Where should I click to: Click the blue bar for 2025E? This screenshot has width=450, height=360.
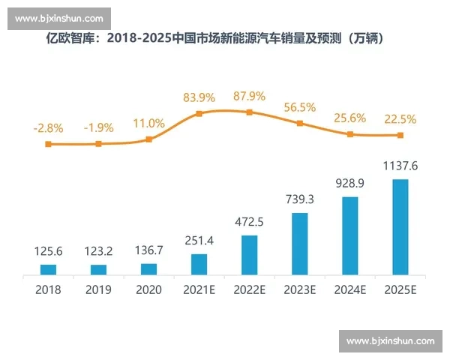pos(400,226)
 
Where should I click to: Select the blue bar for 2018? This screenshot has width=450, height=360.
pos(48,269)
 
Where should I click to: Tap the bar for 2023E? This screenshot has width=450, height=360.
pos(299,244)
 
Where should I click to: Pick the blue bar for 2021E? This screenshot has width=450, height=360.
pos(199,264)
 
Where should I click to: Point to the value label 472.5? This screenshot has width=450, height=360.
pos(249,223)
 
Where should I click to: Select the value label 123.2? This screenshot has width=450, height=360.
pos(98,252)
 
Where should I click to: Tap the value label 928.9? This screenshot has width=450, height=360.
pos(349,184)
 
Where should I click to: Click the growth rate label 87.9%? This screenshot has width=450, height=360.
pos(249,96)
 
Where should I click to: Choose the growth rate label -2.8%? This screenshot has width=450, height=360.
pos(48,127)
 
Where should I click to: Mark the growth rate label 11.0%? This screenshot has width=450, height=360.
pos(148,123)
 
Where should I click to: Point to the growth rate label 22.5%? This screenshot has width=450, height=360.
pos(400,119)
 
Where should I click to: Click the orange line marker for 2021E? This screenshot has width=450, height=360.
pos(199,114)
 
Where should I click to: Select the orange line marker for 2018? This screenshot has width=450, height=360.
pos(48,144)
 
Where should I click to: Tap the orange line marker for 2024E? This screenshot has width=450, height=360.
pos(349,134)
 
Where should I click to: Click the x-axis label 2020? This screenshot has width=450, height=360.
pos(148,289)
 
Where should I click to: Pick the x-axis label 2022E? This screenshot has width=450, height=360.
pos(249,289)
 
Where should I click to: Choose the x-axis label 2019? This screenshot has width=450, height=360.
pos(98,289)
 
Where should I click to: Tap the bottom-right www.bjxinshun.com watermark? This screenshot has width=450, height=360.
pos(390,341)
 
